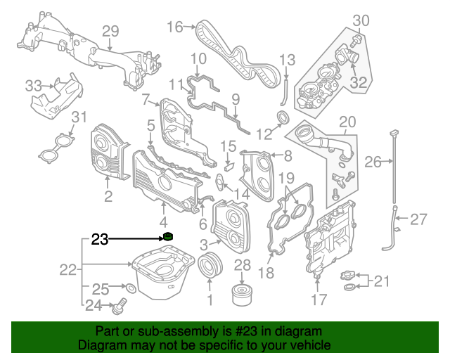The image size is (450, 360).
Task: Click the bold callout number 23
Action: click(100, 240)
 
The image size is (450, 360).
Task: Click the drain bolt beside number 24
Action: click(120, 306)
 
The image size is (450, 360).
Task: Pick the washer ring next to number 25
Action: click(129, 288)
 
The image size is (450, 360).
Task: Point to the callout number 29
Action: click(110, 31)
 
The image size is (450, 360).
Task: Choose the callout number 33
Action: click(33, 86)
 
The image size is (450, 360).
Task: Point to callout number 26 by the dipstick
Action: click(373, 162)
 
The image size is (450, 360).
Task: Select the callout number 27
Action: click(418, 219)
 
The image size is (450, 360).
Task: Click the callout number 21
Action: click(380, 282)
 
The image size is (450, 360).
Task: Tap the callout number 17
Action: click(319, 300)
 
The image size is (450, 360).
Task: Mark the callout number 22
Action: click(67, 269)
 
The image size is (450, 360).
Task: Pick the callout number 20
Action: click(348, 122)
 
